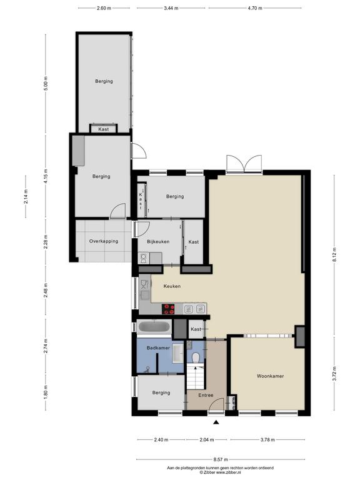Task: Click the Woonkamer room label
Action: (270, 376)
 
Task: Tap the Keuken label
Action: (172, 286)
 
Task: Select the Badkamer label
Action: (158, 348)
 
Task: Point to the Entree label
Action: (206, 395)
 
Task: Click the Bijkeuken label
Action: (158, 241)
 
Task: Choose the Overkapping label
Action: (104, 241)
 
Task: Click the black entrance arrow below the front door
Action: (216, 422)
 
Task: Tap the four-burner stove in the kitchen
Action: (168, 309)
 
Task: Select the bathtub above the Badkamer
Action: (154, 327)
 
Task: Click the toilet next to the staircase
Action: (195, 357)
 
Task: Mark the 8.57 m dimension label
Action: (221, 459)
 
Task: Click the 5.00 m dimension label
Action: (46, 83)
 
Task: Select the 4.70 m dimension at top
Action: (255, 8)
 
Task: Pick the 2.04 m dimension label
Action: (207, 440)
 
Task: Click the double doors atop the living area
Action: (244, 164)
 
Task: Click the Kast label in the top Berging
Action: (104, 129)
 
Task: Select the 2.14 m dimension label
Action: (26, 196)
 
